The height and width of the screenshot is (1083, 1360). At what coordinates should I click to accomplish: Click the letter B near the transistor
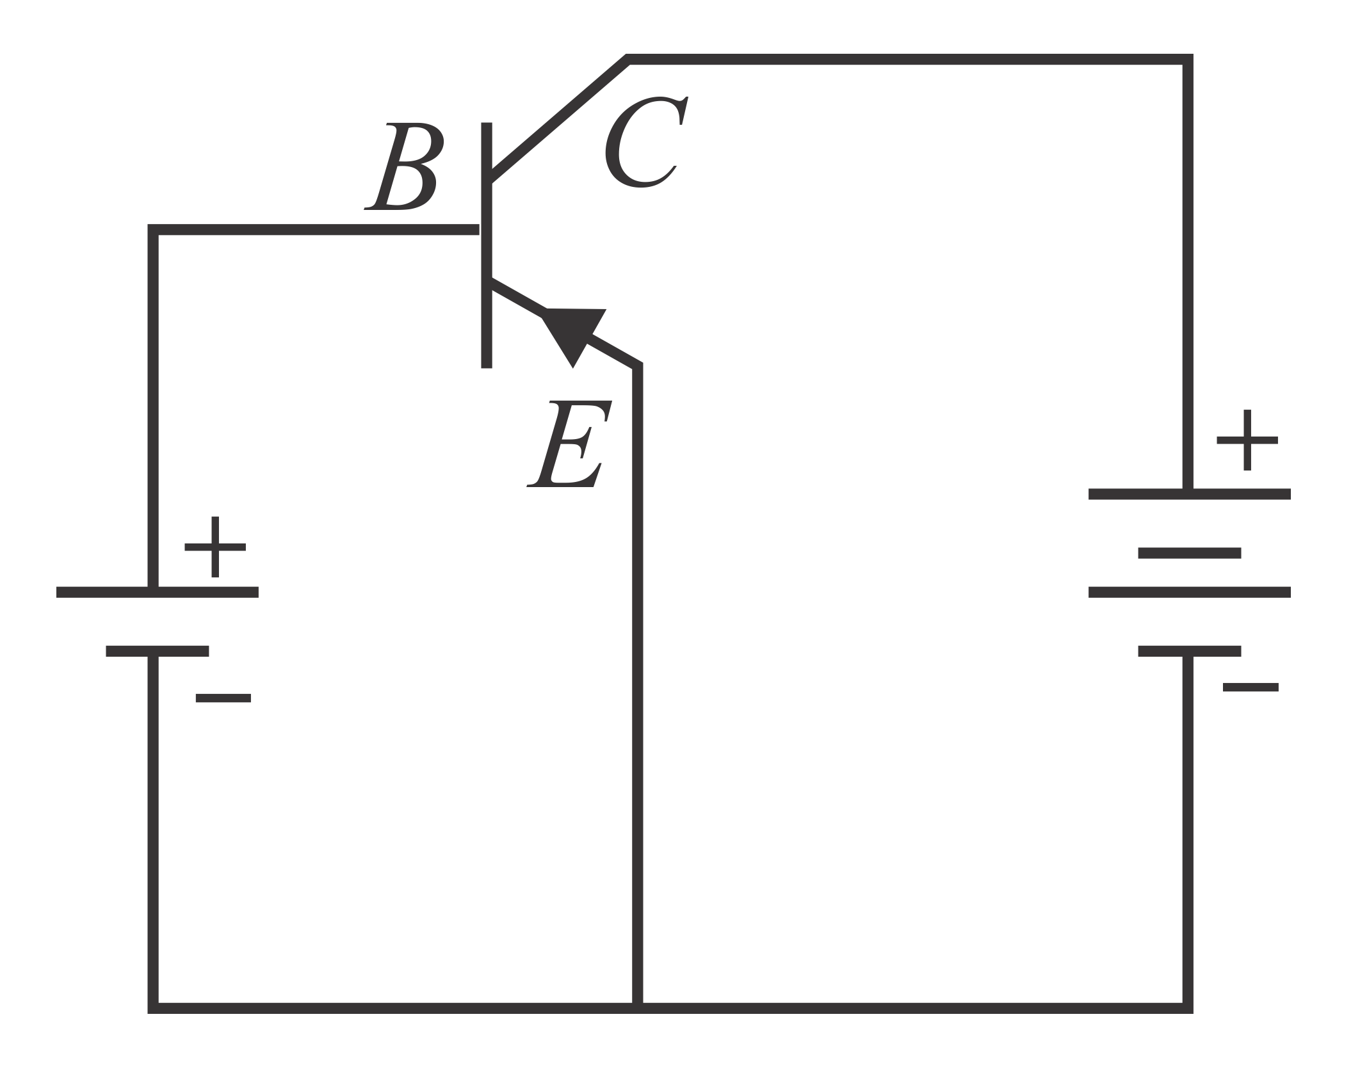coord(403,166)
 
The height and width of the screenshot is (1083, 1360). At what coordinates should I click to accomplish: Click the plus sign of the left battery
coord(215,547)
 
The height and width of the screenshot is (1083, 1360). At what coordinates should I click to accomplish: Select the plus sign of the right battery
coord(1247,440)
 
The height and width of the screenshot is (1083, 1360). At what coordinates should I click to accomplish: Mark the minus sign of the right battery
coord(1250,688)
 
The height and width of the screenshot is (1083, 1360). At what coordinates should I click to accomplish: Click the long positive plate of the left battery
coord(158,592)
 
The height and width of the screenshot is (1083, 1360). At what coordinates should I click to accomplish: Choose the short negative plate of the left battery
coord(158,651)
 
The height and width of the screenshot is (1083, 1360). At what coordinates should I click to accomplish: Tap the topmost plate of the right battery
coord(1189,493)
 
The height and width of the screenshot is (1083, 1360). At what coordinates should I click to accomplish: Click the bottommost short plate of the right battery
coord(1189,651)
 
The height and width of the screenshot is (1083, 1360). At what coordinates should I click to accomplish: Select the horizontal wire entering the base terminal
coord(314,230)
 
